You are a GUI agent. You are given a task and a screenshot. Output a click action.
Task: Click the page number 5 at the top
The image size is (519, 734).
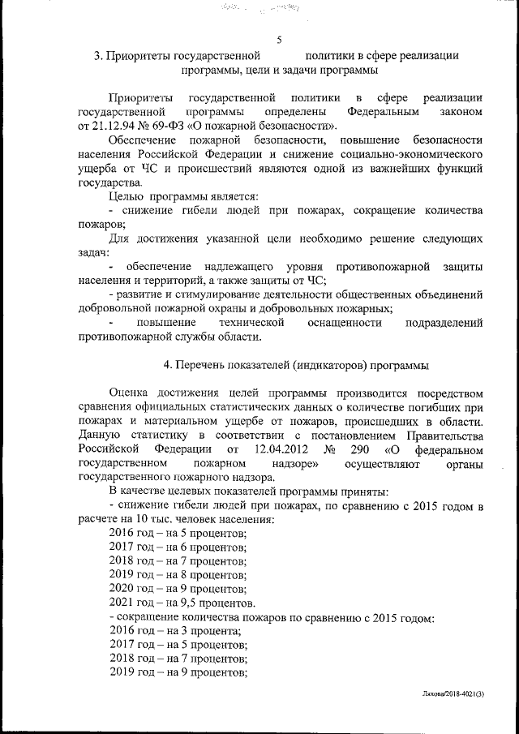coord(279,40)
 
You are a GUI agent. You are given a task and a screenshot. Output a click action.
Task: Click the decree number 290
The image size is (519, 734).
coord(361,449)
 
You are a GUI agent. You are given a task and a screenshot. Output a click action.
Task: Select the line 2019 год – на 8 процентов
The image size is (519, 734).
coord(177,574)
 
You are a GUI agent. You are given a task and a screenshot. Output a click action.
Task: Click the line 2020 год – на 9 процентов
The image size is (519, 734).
coord(177,589)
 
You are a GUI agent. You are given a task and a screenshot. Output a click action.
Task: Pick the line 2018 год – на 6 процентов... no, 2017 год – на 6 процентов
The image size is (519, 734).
coord(177,547)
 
